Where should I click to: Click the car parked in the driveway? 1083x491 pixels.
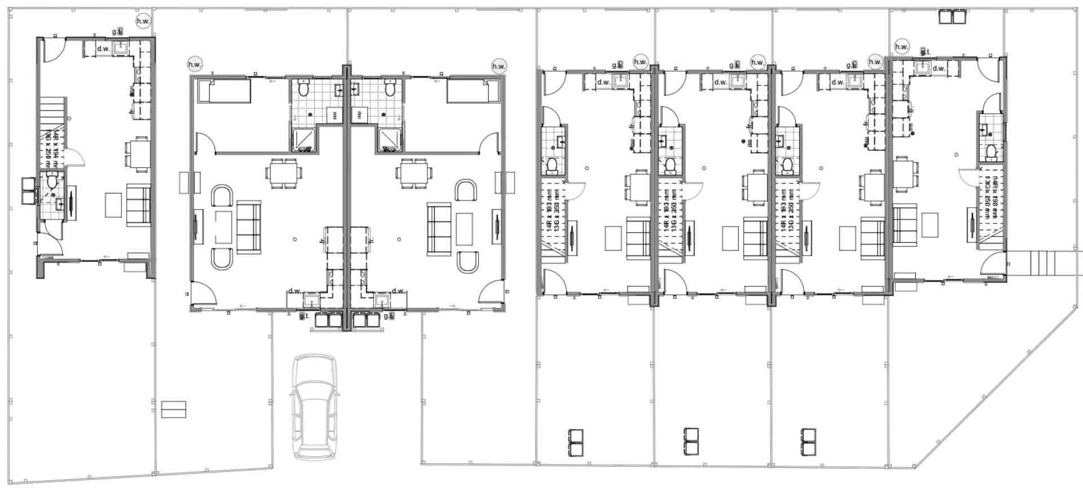(315, 406)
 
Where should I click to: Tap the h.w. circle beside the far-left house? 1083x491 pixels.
(143, 21)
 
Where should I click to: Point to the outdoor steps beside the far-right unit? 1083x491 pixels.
(1042, 262)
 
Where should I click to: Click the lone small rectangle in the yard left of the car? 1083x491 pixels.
(174, 409)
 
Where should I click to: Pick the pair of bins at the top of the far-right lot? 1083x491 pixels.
(952, 16)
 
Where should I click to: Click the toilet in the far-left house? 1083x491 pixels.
(52, 182)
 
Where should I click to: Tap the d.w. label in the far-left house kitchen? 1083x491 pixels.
(103, 49)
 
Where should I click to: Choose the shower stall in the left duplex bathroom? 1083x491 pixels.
(305, 139)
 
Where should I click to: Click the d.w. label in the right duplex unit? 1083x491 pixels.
(398, 291)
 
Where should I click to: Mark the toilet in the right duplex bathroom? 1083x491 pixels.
(389, 89)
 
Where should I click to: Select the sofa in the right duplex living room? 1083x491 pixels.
(438, 227)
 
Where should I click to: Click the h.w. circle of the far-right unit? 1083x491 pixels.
(901, 46)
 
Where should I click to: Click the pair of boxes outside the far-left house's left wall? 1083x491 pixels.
(28, 191)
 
